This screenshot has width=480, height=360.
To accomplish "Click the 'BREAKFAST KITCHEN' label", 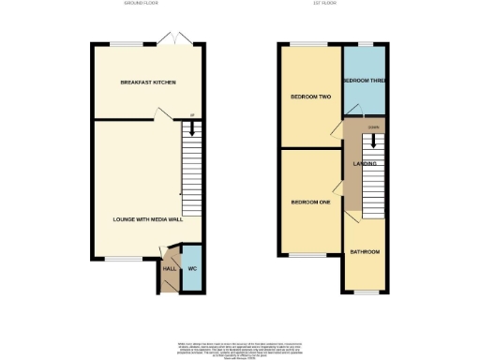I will pos(147,82).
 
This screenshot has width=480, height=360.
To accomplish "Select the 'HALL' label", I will pos(170,268).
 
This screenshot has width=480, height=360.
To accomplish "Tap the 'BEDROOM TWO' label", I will pos(308,96).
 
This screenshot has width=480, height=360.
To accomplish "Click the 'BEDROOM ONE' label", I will pos(308,202).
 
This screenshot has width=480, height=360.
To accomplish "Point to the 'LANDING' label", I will pos(365,164).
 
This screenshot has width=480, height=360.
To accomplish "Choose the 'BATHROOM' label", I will pos(365,251).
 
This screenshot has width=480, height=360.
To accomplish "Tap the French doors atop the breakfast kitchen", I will pos(169,39).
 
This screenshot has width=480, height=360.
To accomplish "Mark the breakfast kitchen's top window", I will pos(127,42).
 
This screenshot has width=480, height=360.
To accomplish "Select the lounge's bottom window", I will pos(117,258).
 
